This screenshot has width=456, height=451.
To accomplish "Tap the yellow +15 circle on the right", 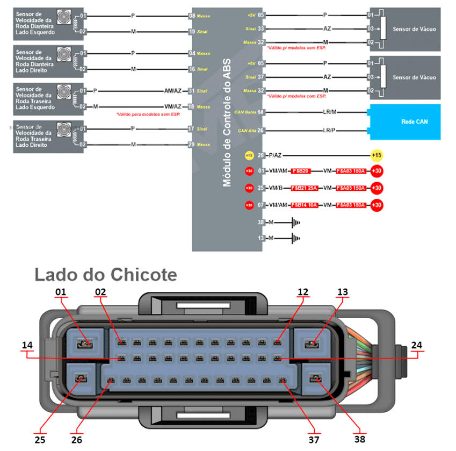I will coord(377,155).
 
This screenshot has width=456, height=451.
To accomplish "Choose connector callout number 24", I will coord(417,346).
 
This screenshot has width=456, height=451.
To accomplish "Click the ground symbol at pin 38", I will coord(294,222).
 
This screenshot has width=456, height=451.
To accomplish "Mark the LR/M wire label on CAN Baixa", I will coord(330,112).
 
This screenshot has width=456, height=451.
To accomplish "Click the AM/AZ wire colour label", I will coord(174,91).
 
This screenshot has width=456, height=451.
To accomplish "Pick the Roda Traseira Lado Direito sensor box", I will coord(44,137).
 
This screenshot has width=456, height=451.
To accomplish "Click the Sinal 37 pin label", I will coord(255,77).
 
